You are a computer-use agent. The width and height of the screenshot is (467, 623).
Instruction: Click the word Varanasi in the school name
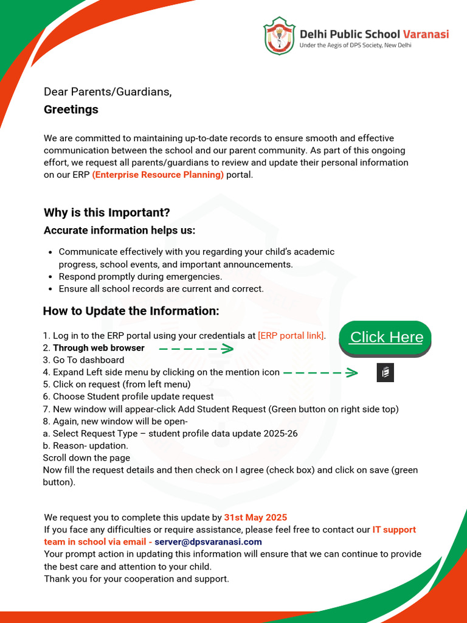point(426,34)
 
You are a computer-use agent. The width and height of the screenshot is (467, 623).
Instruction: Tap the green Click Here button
point(386,337)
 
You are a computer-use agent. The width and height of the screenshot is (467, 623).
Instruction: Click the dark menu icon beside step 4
point(386,372)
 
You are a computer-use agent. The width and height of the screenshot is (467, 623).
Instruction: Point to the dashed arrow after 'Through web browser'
point(196,349)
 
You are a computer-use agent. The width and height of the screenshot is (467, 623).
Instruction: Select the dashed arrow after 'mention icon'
point(320,372)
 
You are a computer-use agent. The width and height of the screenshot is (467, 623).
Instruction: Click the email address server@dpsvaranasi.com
point(208,541)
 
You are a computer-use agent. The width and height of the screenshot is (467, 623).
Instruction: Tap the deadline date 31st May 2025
point(255,518)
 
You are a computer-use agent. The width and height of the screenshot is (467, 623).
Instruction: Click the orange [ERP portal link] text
point(291,336)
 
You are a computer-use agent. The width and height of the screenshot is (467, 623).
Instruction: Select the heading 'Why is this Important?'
point(106,212)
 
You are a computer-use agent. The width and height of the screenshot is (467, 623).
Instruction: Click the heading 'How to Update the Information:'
point(131,311)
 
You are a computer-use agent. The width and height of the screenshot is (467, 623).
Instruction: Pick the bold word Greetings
point(71,110)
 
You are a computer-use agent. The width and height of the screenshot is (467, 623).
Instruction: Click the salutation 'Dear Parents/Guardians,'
point(108,92)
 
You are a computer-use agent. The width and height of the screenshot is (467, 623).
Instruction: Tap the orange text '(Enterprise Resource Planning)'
point(157,175)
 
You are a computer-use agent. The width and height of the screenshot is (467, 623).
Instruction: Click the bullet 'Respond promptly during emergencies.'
point(140,276)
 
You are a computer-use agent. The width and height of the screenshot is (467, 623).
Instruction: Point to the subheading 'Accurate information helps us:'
point(119,230)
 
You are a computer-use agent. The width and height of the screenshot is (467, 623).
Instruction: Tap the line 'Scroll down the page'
point(86,458)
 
